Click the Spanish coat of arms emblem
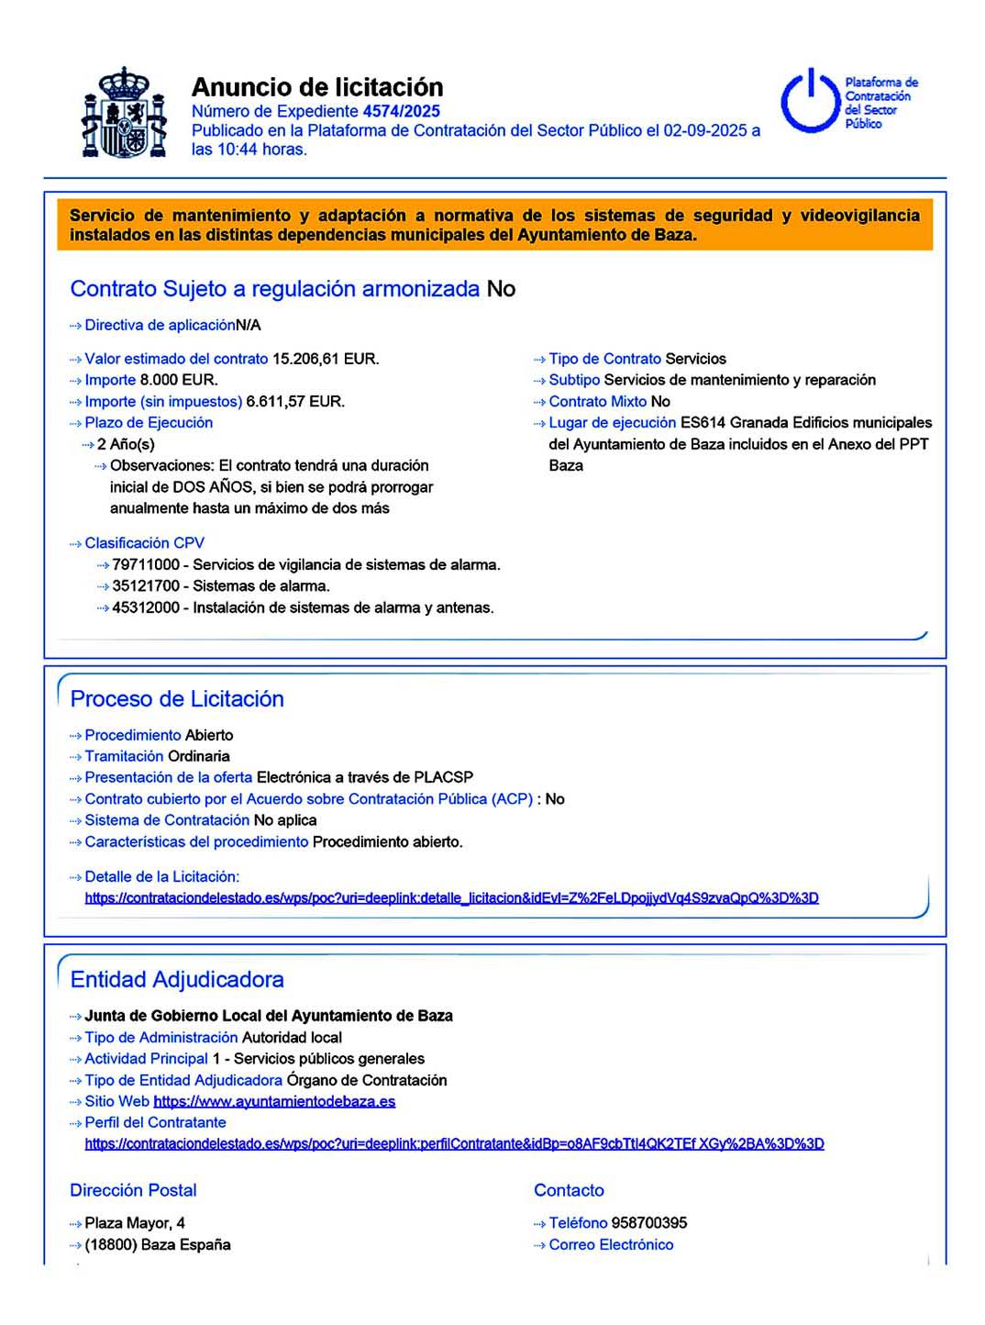click(x=124, y=113)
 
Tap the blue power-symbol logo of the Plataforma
click(x=810, y=101)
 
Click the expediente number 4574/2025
click(x=402, y=111)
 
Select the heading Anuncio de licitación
click(x=317, y=87)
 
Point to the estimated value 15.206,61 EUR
click(x=326, y=359)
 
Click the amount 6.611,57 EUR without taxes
click(x=295, y=401)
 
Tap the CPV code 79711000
click(x=146, y=564)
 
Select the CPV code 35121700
click(x=146, y=585)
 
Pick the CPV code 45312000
click(x=146, y=607)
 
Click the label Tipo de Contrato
click(x=604, y=359)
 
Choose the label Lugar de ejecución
click(x=612, y=422)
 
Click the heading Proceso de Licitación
click(x=177, y=698)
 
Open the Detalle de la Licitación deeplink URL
click(x=451, y=897)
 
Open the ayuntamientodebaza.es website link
click(x=274, y=1101)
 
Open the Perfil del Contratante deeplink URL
click(x=454, y=1143)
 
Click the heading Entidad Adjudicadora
click(x=177, y=979)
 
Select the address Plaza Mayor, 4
click(x=135, y=1222)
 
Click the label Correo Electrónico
click(x=611, y=1244)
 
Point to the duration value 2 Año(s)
click(x=126, y=444)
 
